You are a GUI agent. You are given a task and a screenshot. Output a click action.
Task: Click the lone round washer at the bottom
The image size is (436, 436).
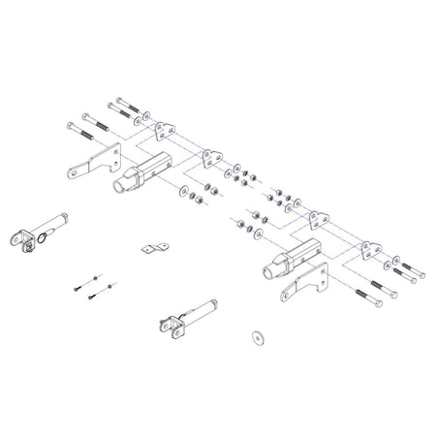tap(257, 335)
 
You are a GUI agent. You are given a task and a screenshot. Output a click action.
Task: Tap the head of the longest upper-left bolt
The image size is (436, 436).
tap(71, 125)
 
